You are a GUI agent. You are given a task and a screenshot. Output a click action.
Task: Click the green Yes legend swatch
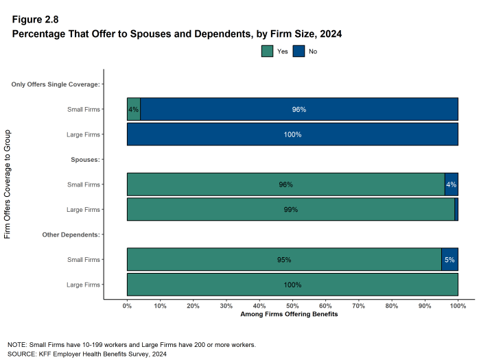[268, 51]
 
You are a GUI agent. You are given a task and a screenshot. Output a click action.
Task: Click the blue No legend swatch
[299, 51]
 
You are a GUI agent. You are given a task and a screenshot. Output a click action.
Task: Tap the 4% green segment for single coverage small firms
[133, 110]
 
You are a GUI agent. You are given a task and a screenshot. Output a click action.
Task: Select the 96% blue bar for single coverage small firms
[299, 110]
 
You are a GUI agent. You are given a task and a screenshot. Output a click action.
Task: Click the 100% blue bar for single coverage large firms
[292, 134]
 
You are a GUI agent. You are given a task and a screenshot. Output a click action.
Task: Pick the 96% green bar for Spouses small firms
[285, 184]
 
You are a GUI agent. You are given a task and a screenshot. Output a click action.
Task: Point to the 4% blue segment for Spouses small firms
[451, 184]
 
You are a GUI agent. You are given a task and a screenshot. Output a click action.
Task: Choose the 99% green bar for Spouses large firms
[290, 209]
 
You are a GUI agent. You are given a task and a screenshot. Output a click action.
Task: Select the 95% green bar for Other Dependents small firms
[284, 260]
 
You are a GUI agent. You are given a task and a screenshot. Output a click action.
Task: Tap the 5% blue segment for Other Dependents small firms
[449, 260]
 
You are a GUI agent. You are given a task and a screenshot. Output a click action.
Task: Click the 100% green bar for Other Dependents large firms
[292, 285]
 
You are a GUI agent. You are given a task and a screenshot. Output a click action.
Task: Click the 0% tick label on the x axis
[127, 306]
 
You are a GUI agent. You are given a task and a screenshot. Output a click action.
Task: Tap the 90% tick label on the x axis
[425, 306]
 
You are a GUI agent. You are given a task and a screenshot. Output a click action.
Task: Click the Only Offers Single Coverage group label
[56, 84]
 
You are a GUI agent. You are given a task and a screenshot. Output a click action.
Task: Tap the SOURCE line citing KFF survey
[86, 354]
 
